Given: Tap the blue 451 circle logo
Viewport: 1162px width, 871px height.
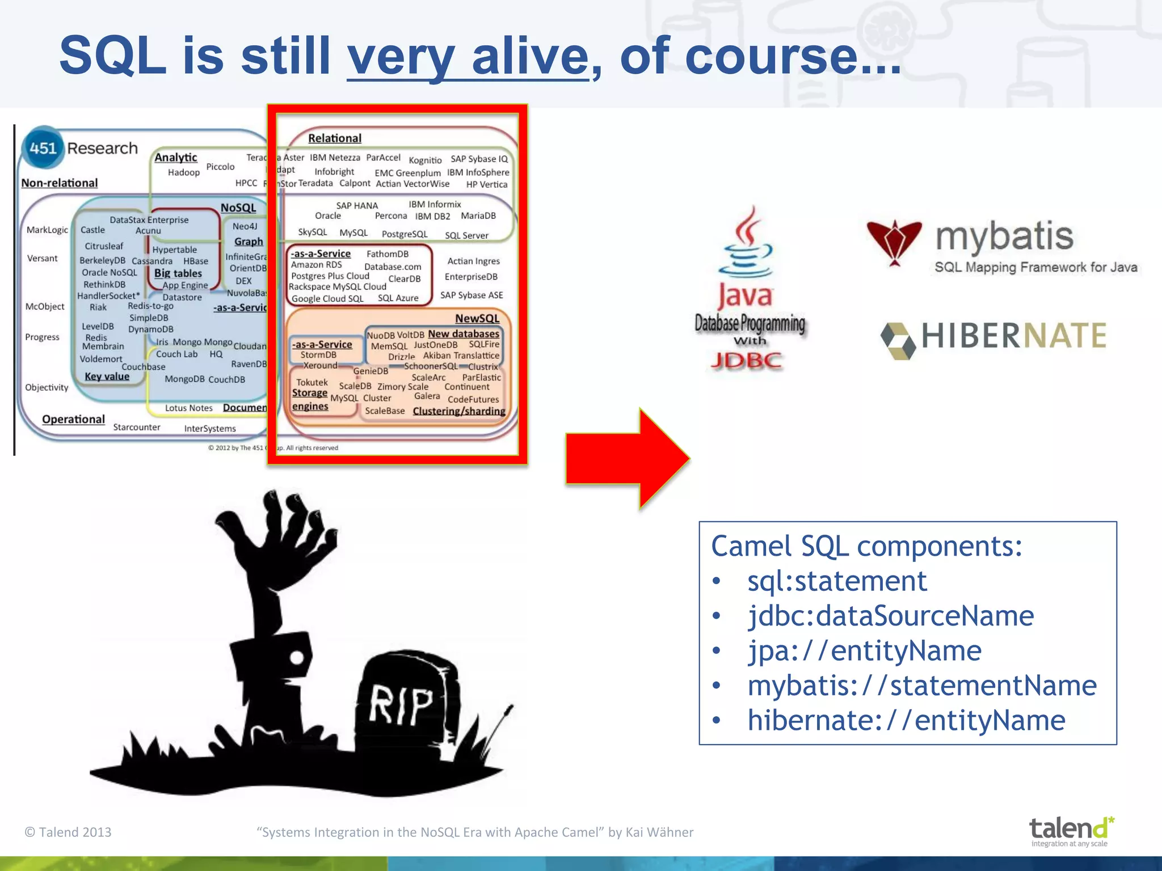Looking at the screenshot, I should pos(43,148).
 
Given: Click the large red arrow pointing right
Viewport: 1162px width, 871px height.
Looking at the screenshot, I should pos(627,458).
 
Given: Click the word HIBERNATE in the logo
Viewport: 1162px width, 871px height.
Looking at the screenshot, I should pos(1013,336).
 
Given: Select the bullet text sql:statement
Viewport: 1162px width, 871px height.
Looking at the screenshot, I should pos(837,581).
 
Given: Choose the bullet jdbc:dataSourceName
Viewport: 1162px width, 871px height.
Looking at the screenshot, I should pos(890,616).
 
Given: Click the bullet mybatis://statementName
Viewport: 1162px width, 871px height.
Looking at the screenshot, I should pos(921,686).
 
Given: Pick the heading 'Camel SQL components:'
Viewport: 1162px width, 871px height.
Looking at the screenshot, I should pos(866,546).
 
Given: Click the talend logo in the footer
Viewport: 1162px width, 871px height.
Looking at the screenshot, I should pos(1070,830).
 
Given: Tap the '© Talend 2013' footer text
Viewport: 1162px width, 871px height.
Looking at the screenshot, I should pos(68,832).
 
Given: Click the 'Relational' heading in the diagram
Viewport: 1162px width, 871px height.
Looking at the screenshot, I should pos(334,138).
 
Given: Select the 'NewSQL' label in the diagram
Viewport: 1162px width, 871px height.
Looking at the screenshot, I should pos(477,319).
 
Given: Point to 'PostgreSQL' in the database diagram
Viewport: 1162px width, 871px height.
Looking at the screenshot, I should pos(405,234).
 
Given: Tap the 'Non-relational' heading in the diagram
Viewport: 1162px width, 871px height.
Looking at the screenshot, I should pos(60,183).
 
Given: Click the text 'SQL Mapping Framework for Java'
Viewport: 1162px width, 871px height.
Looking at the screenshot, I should pos(1035,267).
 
